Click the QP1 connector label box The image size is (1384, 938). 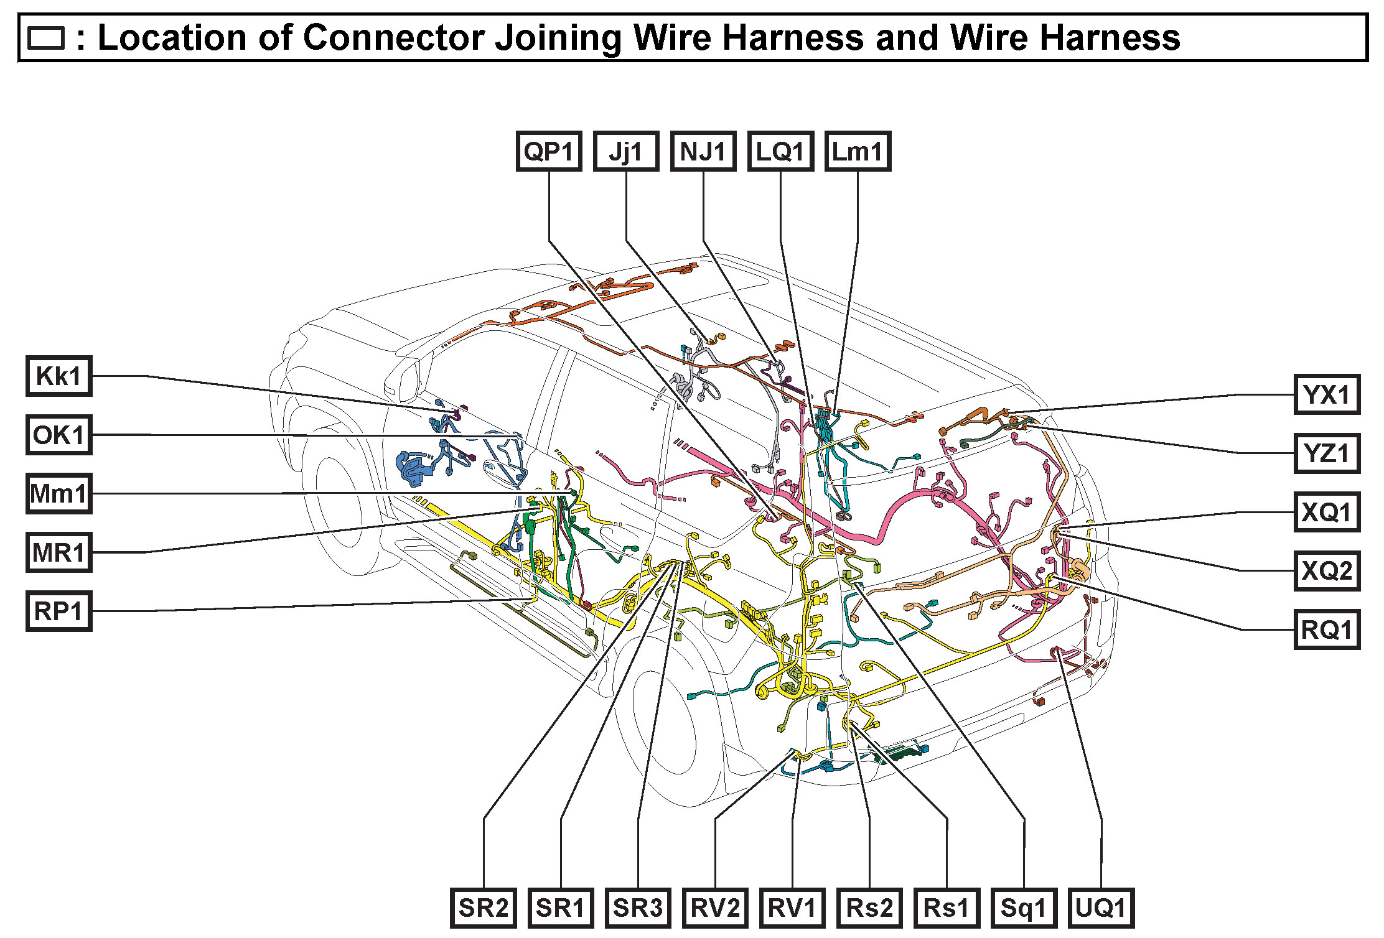pyautogui.click(x=548, y=151)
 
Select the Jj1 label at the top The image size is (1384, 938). pyautogui.click(x=625, y=151)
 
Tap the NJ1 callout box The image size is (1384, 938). pyautogui.click(x=703, y=151)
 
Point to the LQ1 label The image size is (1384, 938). pyautogui.click(x=780, y=151)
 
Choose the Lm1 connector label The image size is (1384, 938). pyautogui.click(x=858, y=151)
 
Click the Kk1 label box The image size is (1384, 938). pyautogui.click(x=58, y=376)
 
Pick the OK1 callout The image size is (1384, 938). pyautogui.click(x=58, y=435)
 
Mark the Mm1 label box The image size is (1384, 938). pyautogui.click(x=58, y=494)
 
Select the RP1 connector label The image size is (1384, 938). pyautogui.click(x=58, y=611)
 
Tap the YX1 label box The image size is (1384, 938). pyautogui.click(x=1327, y=394)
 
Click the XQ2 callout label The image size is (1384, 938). pyautogui.click(x=1327, y=570)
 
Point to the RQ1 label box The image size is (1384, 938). pyautogui.click(x=1327, y=629)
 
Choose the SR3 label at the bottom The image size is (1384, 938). pyautogui.click(x=638, y=908)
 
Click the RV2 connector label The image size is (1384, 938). pyautogui.click(x=715, y=908)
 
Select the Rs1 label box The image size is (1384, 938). pyautogui.click(x=947, y=908)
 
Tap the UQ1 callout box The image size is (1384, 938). pyautogui.click(x=1101, y=908)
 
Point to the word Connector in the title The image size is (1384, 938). pyautogui.click(x=393, y=37)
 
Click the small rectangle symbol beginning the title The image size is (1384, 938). pyautogui.click(x=46, y=38)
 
